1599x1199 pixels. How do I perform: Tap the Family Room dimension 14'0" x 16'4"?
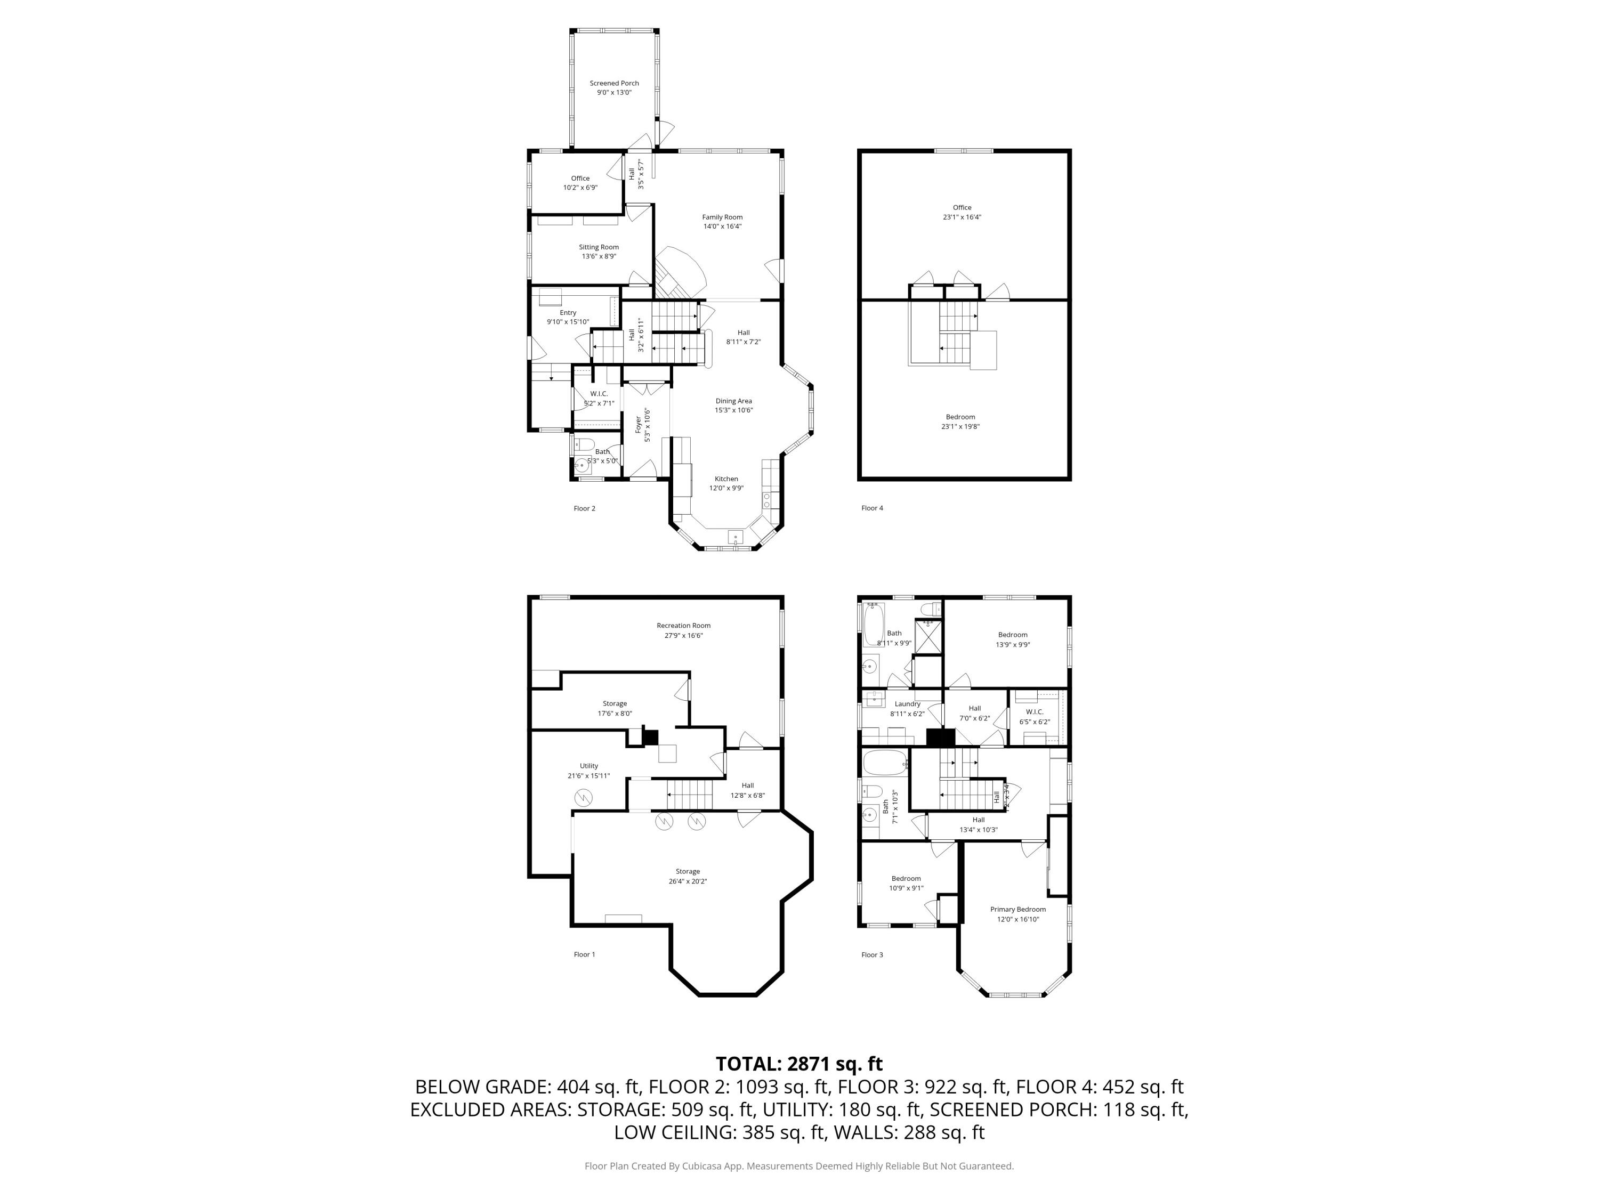[722, 226]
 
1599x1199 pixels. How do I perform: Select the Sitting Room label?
[599, 247]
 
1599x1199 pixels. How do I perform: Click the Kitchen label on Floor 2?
[726, 479]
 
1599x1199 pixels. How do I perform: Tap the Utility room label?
[588, 766]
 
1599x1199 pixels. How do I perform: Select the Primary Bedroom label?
[1018, 909]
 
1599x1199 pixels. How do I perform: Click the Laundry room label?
[907, 704]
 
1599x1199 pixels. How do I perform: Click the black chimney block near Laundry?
[940, 738]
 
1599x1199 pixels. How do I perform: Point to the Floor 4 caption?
[872, 508]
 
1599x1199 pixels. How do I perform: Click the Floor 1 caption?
[584, 955]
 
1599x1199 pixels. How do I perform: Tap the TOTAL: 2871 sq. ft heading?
[799, 1064]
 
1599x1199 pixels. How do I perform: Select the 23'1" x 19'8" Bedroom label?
[960, 417]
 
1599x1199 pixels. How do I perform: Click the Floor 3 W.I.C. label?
[1035, 712]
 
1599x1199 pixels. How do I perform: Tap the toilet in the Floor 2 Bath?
[584, 444]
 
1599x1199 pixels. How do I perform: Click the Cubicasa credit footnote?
[799, 1166]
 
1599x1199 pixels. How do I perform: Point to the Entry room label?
[568, 313]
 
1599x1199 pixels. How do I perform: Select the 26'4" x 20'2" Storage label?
[688, 872]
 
